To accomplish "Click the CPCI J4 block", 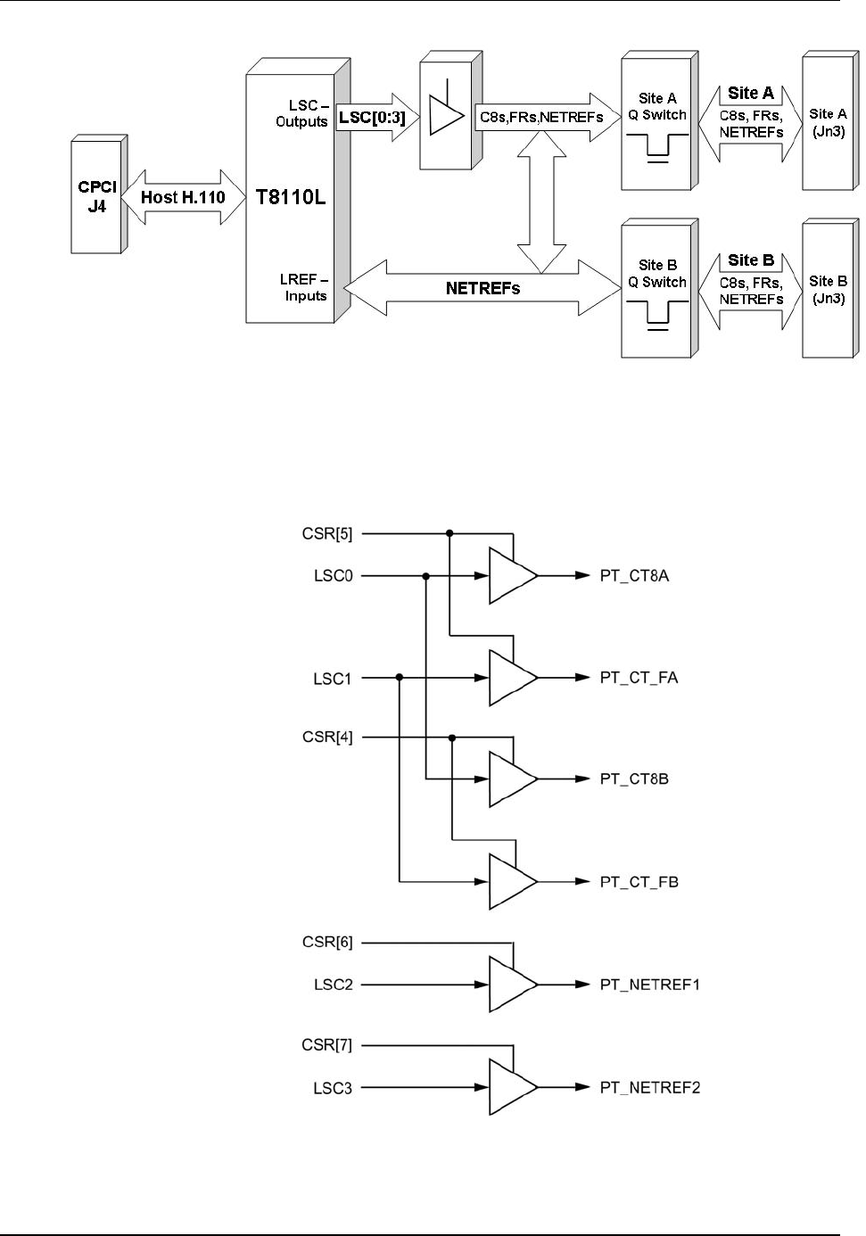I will coord(96,197).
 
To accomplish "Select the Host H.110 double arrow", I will coord(182,198).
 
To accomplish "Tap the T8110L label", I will coord(291,197).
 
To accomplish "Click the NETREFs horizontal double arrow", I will coord(482,288).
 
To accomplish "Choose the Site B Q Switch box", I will coord(657,292).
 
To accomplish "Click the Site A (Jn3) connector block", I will coord(827,122).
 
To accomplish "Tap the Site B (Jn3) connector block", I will coord(827,290).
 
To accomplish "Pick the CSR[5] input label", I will coord(327,534).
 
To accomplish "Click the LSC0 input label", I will coord(334,575).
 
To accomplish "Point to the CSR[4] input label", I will coord(327,737).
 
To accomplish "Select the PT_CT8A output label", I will coord(634,575).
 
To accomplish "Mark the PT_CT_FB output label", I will coord(639,882).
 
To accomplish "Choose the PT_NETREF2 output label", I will coord(649,1087).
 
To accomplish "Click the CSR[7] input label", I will coord(327,1044).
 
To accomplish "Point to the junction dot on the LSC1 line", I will coord(400,678).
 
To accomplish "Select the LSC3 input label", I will coord(334,1087).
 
